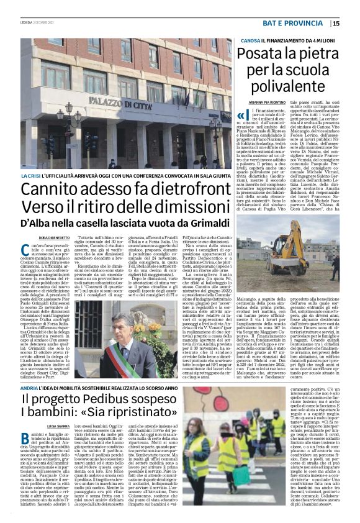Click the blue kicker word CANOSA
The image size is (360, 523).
pyautogui.click(x=248, y=40)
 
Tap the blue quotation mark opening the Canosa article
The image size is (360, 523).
pyautogui.click(x=241, y=115)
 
